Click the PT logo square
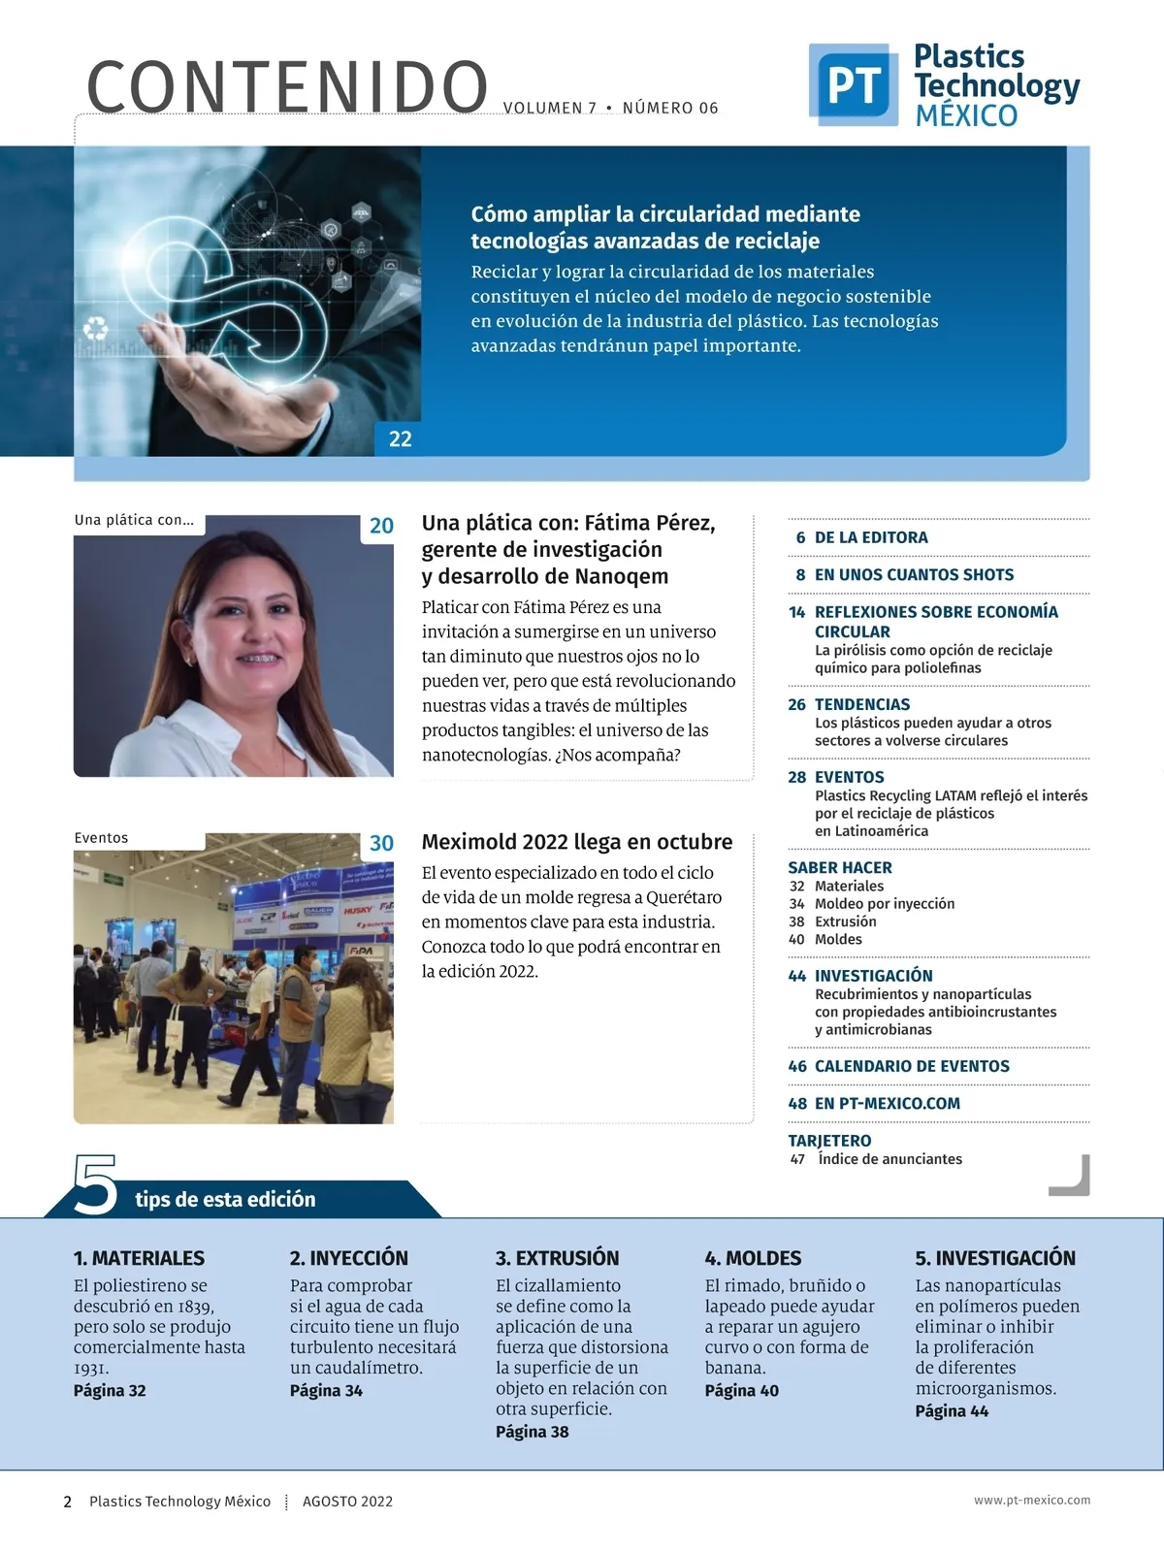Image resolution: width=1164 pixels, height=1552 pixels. click(x=853, y=84)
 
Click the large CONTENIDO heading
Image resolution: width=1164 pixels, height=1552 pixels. click(x=287, y=87)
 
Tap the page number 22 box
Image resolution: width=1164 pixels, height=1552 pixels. click(x=400, y=439)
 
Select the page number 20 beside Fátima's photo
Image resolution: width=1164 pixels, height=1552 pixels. click(x=381, y=526)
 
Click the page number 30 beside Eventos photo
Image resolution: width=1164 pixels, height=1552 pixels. click(x=381, y=843)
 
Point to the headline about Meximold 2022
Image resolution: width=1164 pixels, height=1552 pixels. click(x=576, y=842)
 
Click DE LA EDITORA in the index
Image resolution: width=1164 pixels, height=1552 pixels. click(x=870, y=537)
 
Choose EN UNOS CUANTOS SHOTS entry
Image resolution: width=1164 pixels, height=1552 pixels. click(x=914, y=574)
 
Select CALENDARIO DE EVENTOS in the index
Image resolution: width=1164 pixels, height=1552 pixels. click(x=912, y=1066)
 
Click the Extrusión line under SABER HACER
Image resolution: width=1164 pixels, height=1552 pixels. click(x=845, y=921)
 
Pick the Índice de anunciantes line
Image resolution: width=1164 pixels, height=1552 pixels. click(x=889, y=1159)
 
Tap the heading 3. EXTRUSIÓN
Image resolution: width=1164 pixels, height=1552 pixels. click(x=557, y=1258)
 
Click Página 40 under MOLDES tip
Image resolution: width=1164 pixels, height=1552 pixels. click(x=741, y=1390)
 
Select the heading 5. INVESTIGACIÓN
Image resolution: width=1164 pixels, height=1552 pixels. click(x=995, y=1258)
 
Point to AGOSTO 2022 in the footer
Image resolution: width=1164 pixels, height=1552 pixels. click(x=347, y=1502)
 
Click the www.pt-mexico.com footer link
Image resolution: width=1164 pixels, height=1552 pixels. click(x=1032, y=1501)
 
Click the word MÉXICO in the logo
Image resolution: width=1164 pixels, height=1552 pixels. click(x=966, y=115)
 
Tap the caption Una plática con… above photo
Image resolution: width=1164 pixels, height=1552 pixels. click(x=134, y=520)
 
